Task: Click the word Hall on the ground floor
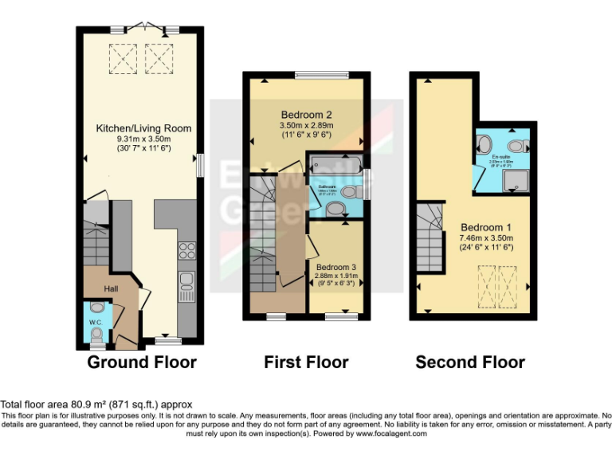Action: (x=112, y=289)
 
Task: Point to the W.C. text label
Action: (x=95, y=323)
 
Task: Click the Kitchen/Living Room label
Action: (x=143, y=127)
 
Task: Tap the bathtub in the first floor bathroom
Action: (x=335, y=170)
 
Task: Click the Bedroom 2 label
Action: (x=306, y=113)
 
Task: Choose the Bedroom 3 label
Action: (x=336, y=267)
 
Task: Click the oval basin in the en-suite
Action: (x=483, y=144)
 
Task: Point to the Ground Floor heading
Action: (x=141, y=363)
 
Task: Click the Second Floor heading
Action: (x=470, y=363)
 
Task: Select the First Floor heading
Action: (x=306, y=363)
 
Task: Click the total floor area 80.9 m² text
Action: (x=96, y=405)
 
